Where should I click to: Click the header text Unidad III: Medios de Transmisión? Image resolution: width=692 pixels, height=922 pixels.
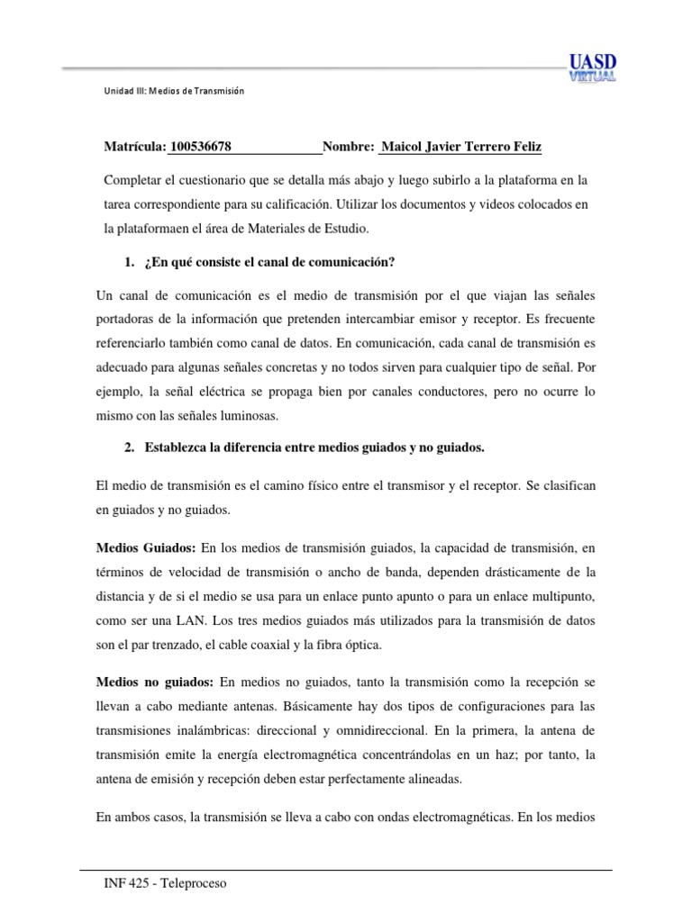click(175, 92)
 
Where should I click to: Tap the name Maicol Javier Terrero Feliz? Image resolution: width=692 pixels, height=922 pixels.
click(461, 147)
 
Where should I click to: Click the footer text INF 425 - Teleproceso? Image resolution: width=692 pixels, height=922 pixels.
click(166, 884)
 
